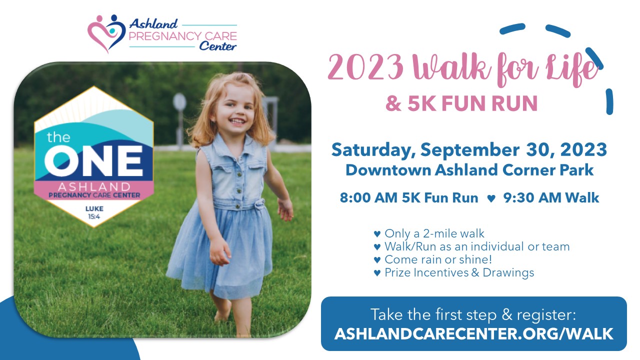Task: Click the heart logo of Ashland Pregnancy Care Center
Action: [106, 33]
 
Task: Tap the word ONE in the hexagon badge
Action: [93, 161]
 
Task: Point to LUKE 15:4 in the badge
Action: [94, 212]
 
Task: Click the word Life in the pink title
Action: [571, 69]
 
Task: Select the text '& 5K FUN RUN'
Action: [461, 103]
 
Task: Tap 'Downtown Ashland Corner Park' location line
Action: [469, 170]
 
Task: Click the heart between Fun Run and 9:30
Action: [491, 198]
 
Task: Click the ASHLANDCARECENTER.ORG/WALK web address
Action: [473, 333]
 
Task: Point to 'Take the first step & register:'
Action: [473, 314]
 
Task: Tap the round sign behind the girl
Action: [179, 102]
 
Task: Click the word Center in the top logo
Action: [217, 46]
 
